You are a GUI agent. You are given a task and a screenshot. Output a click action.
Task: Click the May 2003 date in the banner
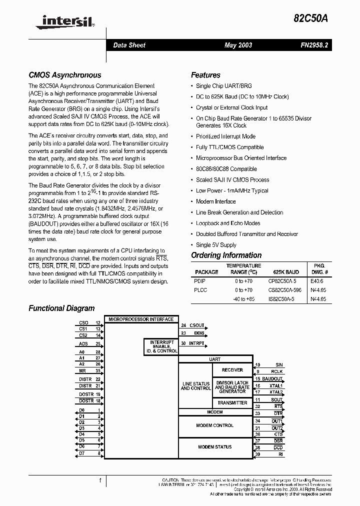[238, 45]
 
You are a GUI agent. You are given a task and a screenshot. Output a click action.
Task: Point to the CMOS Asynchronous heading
[64, 75]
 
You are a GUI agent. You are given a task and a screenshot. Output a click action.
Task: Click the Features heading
[205, 75]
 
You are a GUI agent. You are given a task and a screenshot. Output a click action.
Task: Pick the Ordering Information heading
[226, 255]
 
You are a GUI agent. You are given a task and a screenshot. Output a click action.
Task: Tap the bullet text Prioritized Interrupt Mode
[225, 136]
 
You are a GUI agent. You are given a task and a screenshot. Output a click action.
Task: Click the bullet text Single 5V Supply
[216, 245]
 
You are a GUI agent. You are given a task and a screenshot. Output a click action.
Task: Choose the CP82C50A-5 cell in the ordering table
[282, 281]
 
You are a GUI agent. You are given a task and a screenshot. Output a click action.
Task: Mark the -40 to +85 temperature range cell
[243, 299]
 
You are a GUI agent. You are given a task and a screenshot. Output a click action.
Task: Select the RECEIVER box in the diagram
[232, 370]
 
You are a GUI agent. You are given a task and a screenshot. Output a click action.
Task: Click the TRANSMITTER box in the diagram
[232, 402]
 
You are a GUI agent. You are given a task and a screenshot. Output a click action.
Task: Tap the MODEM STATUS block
[215, 447]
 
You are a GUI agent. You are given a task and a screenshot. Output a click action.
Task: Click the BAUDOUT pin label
[272, 379]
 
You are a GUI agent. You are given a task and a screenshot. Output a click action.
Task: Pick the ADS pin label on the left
[83, 344]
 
